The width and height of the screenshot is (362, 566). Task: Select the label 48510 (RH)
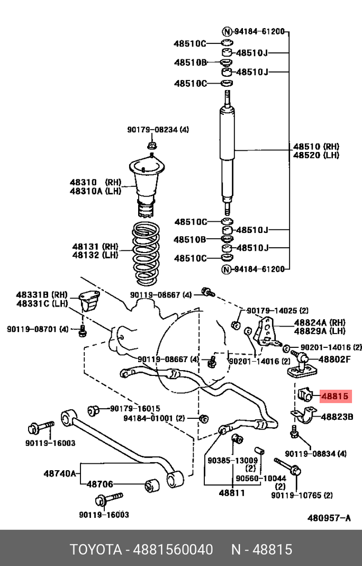point(316,147)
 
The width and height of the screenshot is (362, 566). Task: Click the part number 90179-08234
point(150,130)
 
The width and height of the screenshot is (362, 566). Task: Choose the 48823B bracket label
point(337,417)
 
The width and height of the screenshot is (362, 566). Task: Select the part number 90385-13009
point(232,460)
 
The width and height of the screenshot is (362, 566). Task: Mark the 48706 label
point(99,484)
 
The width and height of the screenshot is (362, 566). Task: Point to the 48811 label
point(232,492)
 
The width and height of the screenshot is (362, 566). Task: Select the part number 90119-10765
point(295,495)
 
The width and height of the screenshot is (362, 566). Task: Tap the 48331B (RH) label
point(42,294)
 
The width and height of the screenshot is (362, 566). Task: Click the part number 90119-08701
point(31,329)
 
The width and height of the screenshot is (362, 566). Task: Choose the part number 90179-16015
point(134,409)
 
